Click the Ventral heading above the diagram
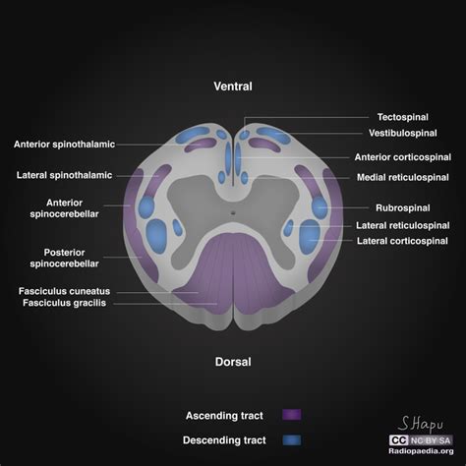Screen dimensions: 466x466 (x=233, y=87)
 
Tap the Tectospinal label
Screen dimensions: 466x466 (x=404, y=117)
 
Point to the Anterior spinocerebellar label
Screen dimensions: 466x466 (x=78, y=208)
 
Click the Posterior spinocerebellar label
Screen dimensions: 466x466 (x=78, y=258)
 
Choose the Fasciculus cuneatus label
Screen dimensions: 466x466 (x=64, y=291)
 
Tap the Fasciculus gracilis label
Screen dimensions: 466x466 (x=64, y=304)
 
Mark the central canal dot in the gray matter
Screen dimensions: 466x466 (x=233, y=212)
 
